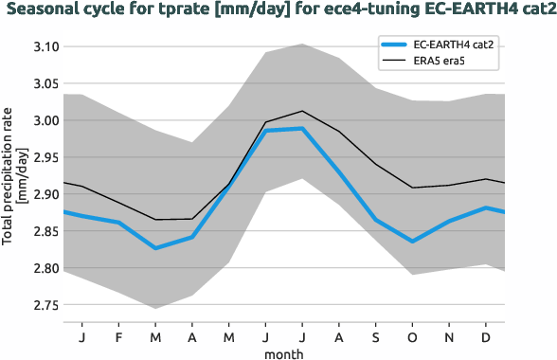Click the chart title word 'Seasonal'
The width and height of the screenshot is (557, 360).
pos(39,10)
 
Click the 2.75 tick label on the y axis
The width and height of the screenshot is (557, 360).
pos(46,305)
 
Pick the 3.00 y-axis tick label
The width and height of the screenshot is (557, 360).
pos(46,120)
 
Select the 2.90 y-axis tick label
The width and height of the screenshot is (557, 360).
pos(46,194)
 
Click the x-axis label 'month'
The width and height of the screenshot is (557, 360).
pos(284,351)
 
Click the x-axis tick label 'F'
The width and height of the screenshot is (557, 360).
pos(118,336)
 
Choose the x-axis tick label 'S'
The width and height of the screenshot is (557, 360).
pos(375,336)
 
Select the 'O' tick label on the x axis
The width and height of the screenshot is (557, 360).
pos(412,336)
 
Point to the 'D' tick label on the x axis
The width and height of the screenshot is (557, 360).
pos(486,336)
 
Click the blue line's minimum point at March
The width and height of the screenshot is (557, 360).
pos(155,248)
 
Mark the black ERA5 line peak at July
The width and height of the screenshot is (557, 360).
pos(302,111)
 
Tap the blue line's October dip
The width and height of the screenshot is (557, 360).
pos(412,242)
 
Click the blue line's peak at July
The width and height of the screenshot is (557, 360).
pos(302,128)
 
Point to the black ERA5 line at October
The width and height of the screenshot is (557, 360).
pos(412,188)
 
